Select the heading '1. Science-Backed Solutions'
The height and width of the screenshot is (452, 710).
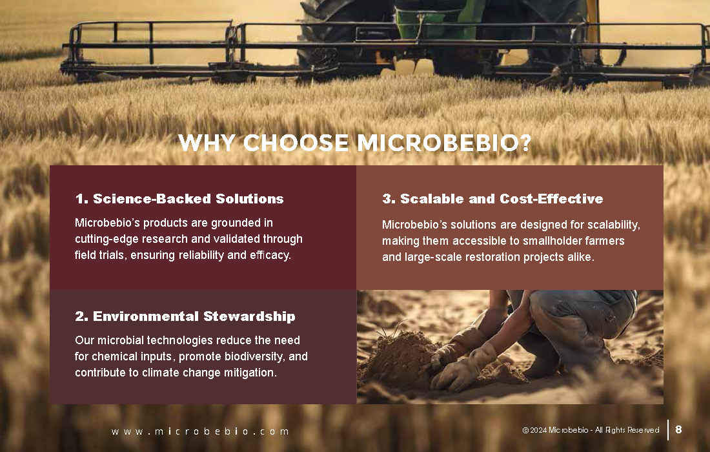pyautogui.click(x=179, y=199)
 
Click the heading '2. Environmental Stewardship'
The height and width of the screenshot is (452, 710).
pyautogui.click(x=185, y=316)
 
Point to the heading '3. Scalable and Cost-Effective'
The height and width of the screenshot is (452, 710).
pyautogui.click(x=492, y=199)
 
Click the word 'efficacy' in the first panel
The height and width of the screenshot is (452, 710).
pyautogui.click(x=270, y=256)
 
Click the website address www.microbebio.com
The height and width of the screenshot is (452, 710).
pyautogui.click(x=200, y=431)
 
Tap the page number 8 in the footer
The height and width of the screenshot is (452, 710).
pyautogui.click(x=678, y=429)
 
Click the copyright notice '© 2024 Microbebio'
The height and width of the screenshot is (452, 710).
pyautogui.click(x=556, y=430)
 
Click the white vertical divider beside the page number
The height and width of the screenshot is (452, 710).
pyautogui.click(x=668, y=430)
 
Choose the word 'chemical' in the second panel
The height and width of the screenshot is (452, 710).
pyautogui.click(x=110, y=356)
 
